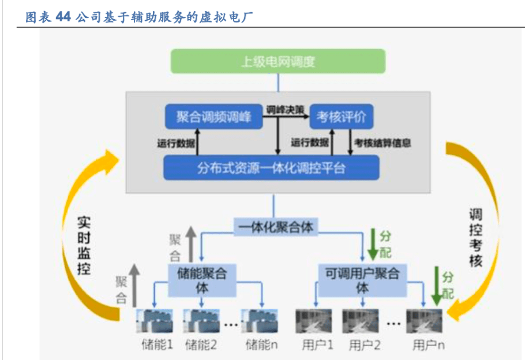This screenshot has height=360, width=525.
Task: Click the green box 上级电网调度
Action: point(278,61)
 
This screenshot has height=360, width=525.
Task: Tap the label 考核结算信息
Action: point(382,142)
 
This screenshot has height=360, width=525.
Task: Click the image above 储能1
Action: point(155,321)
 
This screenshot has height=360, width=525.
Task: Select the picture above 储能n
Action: point(260,321)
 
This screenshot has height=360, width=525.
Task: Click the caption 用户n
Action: point(428,345)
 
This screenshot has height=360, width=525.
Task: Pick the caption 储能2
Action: point(201,345)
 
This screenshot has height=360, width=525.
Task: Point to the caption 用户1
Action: point(317,345)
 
